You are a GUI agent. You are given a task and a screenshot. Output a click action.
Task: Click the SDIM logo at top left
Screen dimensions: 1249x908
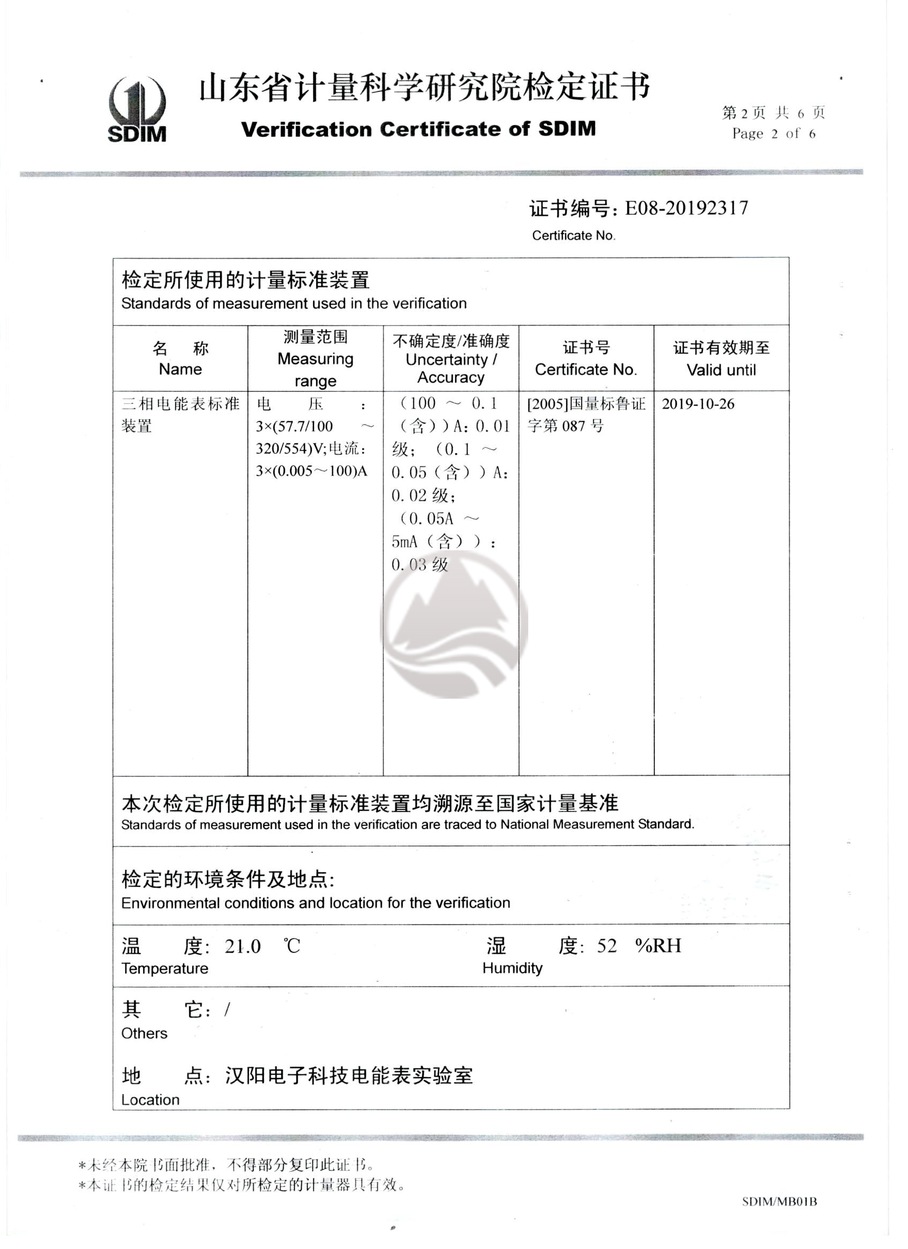[137, 110]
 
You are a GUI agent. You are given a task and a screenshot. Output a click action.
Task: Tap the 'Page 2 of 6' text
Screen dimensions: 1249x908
[773, 134]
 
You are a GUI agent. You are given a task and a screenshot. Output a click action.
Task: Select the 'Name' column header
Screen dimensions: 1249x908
[180, 369]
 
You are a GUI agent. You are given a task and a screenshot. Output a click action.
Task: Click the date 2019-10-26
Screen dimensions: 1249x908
[698, 404]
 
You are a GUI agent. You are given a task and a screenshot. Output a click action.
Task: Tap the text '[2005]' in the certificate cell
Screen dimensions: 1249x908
[547, 404]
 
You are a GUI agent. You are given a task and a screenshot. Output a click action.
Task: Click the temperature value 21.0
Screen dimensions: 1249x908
[242, 946]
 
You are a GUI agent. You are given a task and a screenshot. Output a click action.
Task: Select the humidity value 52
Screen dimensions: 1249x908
[607, 946]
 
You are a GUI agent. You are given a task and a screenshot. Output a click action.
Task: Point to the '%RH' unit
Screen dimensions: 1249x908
[658, 946]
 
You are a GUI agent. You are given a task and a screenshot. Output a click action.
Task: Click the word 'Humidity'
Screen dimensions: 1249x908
[512, 968]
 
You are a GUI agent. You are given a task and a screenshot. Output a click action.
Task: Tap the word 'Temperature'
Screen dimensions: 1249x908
[165, 969]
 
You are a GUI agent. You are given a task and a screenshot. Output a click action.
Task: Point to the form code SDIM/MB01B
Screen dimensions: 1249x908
[779, 1201]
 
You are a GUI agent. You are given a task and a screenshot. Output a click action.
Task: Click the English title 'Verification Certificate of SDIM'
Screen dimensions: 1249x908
[419, 129]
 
